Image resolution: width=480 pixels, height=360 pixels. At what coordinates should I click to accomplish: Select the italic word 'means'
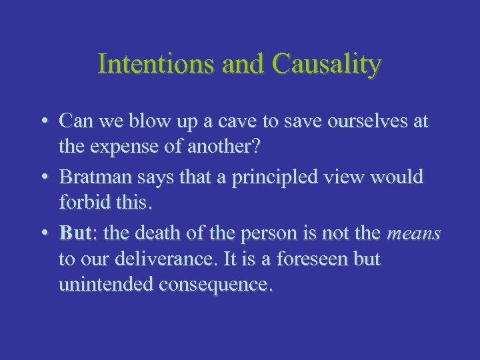tap(413, 234)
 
